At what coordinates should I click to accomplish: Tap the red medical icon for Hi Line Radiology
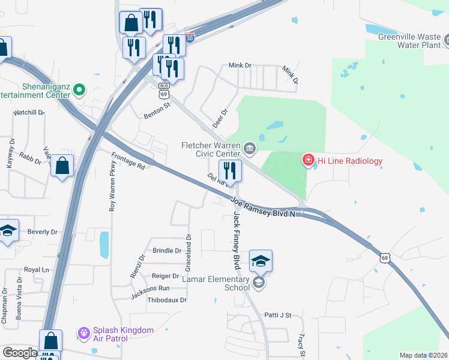(308, 160)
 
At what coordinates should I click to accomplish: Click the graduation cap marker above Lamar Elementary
(261, 262)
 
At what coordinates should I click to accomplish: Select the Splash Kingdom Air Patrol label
(122, 334)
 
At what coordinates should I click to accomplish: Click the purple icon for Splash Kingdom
(83, 332)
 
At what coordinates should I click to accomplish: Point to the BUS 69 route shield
(163, 90)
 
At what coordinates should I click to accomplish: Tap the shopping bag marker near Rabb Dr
(62, 166)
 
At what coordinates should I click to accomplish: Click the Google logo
(20, 353)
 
